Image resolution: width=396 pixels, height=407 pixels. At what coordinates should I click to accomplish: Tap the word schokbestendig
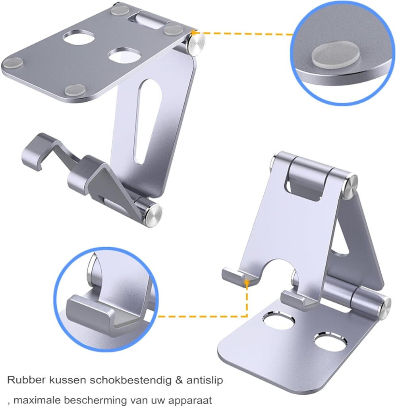pyautogui.click(x=130, y=380)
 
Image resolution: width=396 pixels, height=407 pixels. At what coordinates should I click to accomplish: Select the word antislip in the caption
pyautogui.click(x=205, y=380)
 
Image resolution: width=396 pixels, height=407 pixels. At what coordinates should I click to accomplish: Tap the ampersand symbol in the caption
pyautogui.click(x=179, y=380)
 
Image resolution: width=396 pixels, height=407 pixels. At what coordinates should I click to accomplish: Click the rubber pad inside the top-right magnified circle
pyautogui.click(x=336, y=57)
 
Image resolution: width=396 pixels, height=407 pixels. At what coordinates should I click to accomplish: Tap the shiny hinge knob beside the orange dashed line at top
pyautogui.click(x=196, y=43)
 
